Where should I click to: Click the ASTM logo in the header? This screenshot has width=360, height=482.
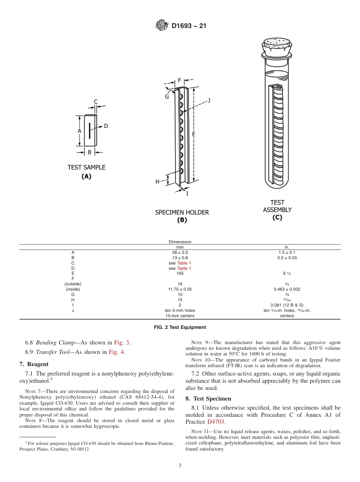tap(162, 26)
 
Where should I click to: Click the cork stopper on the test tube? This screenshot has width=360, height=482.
tap(277, 45)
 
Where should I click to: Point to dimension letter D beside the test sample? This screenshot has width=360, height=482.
tap(106, 126)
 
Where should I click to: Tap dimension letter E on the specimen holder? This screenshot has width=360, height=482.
tap(193, 134)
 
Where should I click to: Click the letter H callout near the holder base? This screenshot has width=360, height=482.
tap(158, 182)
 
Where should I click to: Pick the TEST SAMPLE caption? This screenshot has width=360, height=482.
tap(86, 167)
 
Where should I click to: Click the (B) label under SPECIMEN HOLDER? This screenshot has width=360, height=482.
tap(182, 220)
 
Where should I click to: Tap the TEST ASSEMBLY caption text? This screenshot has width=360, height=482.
tap(277, 206)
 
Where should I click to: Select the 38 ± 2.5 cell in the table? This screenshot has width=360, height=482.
tap(180, 252)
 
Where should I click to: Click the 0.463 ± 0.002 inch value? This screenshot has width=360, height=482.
tap(287, 289)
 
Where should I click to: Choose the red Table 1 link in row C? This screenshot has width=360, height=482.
tap(184, 263)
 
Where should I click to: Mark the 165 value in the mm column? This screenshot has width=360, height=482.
tap(180, 273)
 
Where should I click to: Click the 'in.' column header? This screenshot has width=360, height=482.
tap(287, 247)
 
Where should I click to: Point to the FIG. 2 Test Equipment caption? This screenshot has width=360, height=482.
tap(180, 327)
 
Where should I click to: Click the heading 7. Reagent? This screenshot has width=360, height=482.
tap(34, 364)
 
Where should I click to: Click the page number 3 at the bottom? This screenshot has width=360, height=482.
tap(180, 466)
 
